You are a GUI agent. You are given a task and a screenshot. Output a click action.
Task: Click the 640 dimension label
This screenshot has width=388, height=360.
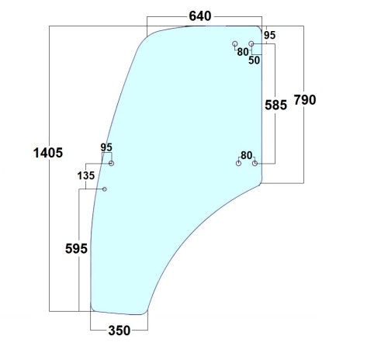tap(200, 16)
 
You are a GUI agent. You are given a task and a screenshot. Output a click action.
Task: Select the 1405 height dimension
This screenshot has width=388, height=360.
tap(48, 153)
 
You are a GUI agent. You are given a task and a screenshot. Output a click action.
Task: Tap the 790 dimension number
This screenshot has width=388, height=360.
tap(305, 100)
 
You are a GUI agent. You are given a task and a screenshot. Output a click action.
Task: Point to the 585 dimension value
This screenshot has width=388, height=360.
tap(275, 105)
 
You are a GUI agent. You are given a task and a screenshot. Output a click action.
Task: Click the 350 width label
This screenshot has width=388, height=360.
tap(120, 331)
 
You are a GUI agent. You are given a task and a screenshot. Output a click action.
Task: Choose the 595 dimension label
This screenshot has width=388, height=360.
tap(76, 249)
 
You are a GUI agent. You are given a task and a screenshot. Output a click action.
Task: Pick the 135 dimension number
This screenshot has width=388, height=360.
tap(86, 176)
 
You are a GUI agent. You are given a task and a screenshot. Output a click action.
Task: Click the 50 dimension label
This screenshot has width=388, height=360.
tap(254, 61)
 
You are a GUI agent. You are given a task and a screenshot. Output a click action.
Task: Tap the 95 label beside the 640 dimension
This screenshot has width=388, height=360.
tap(270, 35)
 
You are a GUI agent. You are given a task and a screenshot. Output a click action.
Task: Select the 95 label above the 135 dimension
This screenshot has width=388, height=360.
tap(106, 147)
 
